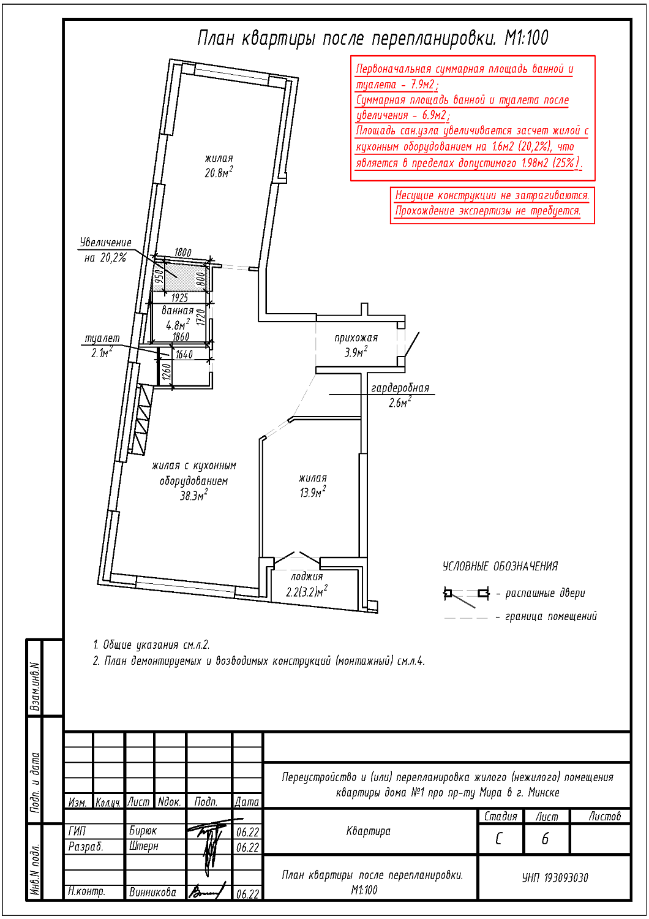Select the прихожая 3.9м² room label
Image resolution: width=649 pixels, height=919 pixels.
(356, 345)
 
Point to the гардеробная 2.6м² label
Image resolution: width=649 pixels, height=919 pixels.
(400, 395)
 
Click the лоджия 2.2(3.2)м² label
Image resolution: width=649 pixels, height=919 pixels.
(307, 584)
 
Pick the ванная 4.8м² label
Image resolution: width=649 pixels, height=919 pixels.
(178, 318)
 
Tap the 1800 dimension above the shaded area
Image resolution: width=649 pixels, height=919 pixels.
(182, 252)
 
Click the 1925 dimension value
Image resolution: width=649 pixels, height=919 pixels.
(179, 298)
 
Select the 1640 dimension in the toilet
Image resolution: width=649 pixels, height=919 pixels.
(184, 355)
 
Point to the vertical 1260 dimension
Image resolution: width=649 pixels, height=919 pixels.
(167, 372)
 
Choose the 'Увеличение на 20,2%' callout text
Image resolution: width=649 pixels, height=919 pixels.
(105, 250)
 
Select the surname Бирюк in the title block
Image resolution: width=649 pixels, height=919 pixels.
(143, 831)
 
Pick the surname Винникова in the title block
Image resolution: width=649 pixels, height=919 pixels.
(152, 892)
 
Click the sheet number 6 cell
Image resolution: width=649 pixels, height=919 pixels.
(546, 839)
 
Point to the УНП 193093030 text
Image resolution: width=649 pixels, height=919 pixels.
(555, 877)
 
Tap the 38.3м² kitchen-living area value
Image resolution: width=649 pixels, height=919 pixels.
(193, 496)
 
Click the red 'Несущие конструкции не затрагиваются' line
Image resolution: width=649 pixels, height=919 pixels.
(492, 195)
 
